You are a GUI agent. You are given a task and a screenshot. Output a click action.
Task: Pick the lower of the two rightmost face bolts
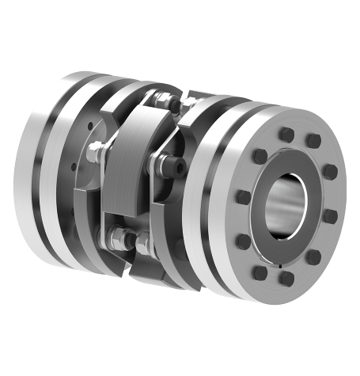(x=330, y=215)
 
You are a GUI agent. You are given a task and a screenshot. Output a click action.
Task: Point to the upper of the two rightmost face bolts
(x=331, y=171)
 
